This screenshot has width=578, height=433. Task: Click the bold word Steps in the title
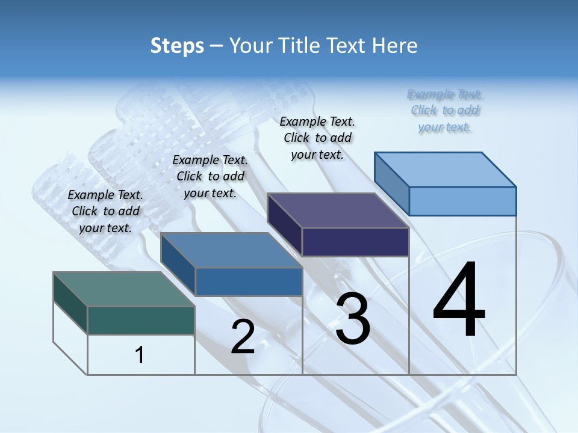(177, 46)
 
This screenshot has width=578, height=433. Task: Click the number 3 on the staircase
(353, 319)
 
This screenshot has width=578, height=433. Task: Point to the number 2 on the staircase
(243, 337)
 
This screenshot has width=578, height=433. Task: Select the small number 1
(140, 355)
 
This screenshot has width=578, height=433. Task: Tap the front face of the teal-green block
(141, 320)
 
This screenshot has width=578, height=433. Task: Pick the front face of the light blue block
(462, 201)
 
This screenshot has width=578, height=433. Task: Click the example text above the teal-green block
(105, 211)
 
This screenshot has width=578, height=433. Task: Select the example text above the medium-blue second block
(210, 176)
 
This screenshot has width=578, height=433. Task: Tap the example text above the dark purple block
(317, 138)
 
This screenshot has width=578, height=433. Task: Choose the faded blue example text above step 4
(445, 110)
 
